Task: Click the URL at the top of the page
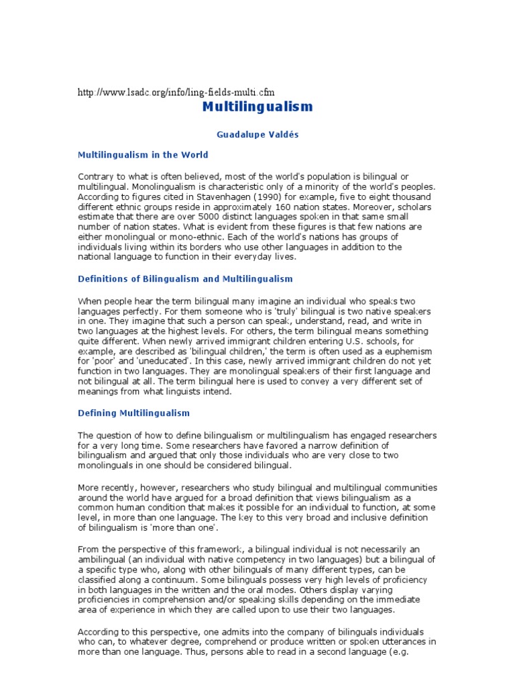176,92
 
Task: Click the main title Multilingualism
257,107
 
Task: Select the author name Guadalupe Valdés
257,134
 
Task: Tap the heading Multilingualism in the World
143,154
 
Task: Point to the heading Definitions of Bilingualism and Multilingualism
185,278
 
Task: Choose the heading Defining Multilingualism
133,413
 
